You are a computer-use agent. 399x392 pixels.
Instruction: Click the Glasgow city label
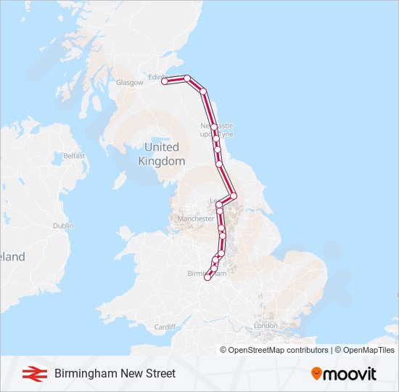point(129,83)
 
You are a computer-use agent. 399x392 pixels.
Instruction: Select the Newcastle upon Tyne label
point(217,130)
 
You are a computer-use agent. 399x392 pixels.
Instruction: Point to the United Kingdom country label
point(161,154)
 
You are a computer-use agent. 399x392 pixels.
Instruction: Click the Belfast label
point(74,155)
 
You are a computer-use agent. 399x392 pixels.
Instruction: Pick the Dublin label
point(63,226)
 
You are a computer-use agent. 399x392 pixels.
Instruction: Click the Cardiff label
point(165,327)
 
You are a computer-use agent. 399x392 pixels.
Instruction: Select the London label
point(266,326)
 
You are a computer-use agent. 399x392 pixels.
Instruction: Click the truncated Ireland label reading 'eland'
point(12,257)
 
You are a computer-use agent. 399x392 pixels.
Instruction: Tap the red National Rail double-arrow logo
point(32,374)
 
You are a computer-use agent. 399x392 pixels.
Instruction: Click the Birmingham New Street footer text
point(115,374)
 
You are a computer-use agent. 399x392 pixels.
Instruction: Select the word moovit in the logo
point(350,374)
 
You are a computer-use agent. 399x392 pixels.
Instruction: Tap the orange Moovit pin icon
point(316,373)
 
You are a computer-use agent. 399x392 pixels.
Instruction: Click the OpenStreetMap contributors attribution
point(274,350)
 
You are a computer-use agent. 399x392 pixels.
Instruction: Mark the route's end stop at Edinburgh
point(165,82)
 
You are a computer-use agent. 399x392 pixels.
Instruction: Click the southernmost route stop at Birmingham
point(207,277)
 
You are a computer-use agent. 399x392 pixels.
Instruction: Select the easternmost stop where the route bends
point(234,196)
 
